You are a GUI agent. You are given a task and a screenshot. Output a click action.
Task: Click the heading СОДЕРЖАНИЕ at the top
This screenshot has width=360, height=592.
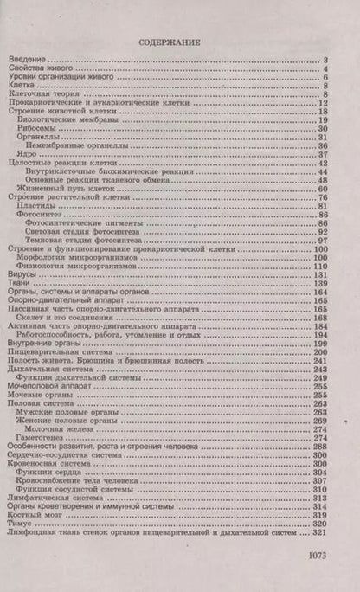click(179, 41)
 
